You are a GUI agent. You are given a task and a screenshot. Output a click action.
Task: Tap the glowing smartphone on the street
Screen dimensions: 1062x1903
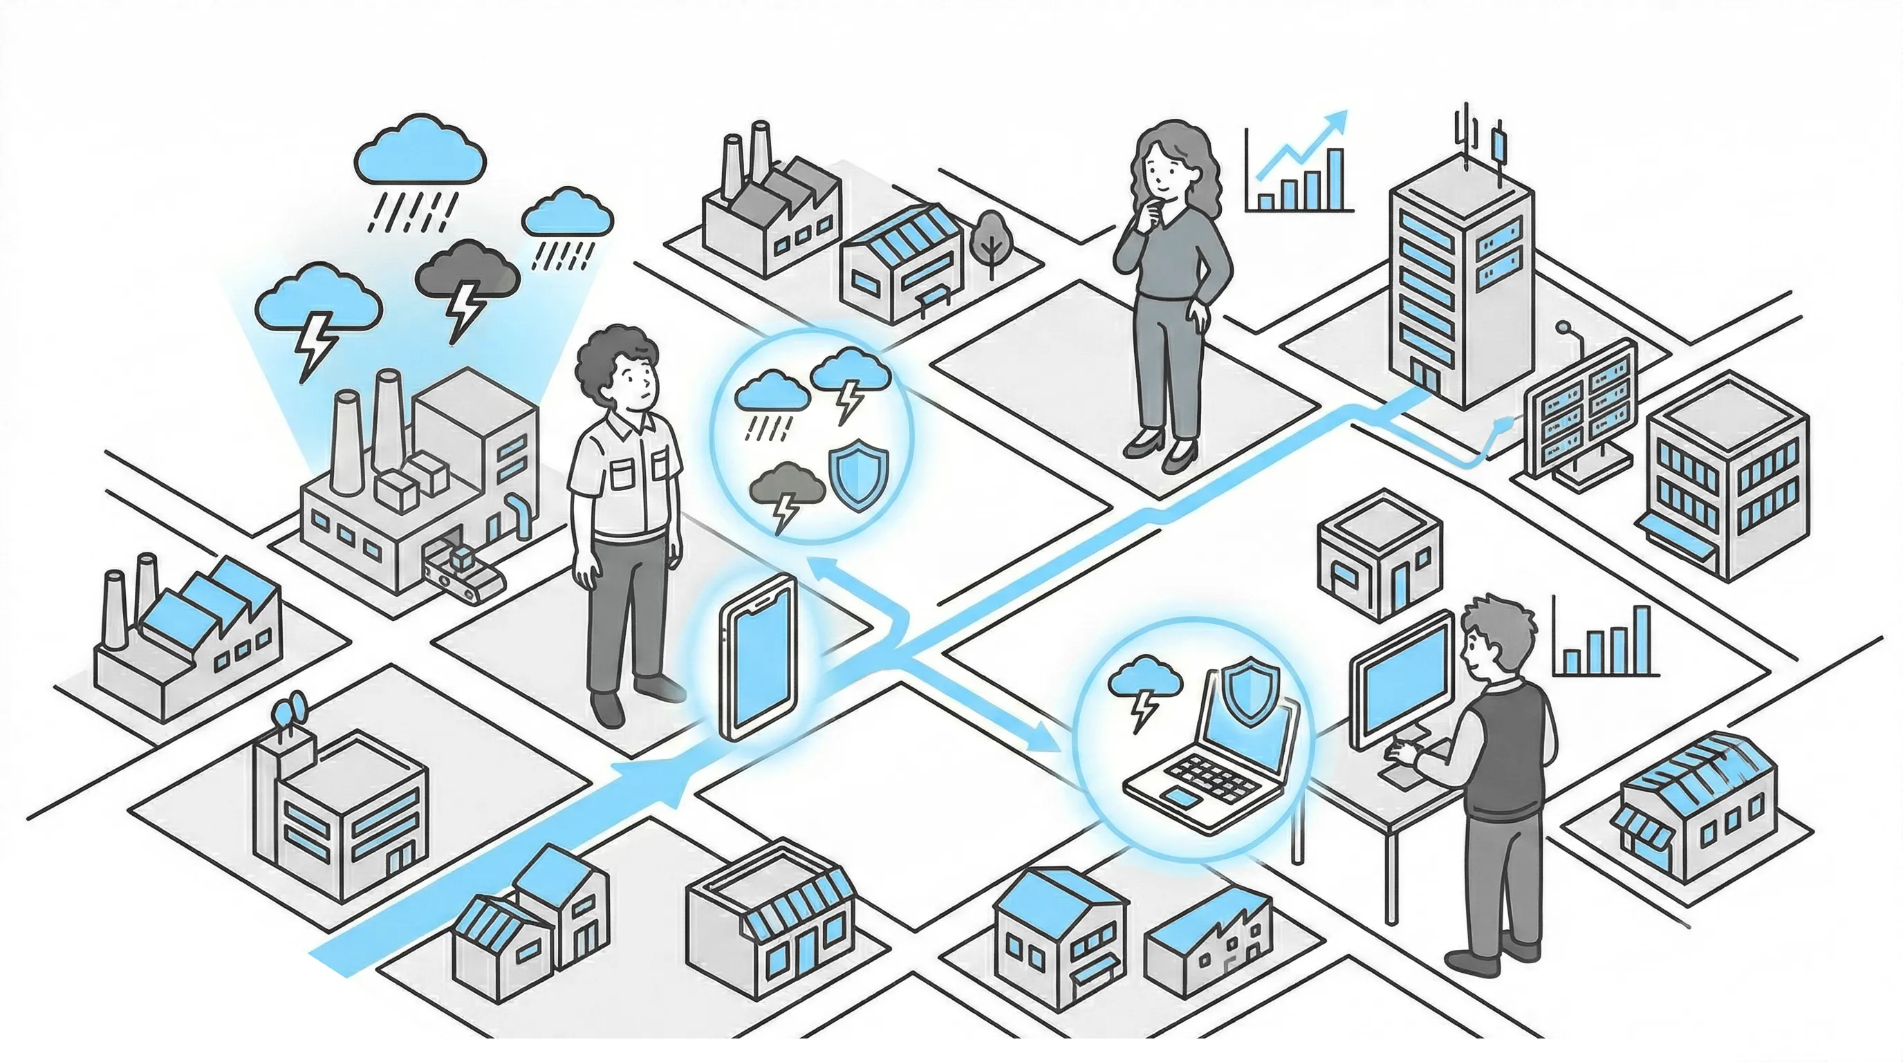(757, 657)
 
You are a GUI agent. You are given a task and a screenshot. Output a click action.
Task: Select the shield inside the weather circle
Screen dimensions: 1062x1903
(858, 475)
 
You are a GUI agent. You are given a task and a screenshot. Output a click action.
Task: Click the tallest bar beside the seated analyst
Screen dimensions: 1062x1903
(1642, 640)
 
